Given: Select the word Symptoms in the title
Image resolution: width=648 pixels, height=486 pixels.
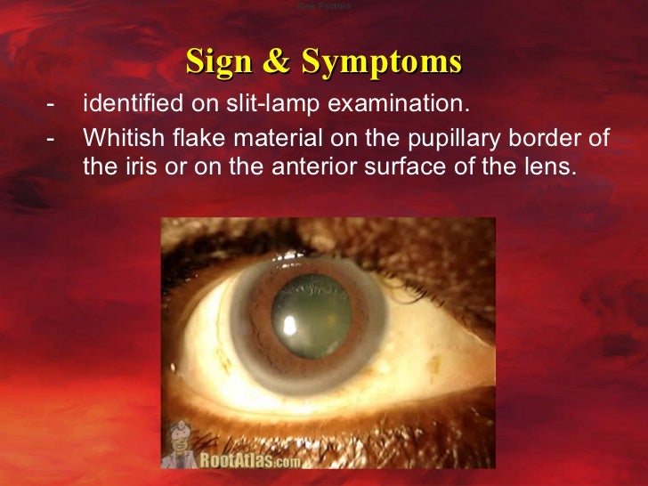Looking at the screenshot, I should pyautogui.click(x=382, y=61).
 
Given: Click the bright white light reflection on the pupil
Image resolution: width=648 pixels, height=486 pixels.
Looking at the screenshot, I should pyautogui.click(x=290, y=328).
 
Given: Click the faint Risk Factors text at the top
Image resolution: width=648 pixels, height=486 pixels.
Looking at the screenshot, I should pyautogui.click(x=324, y=6).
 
